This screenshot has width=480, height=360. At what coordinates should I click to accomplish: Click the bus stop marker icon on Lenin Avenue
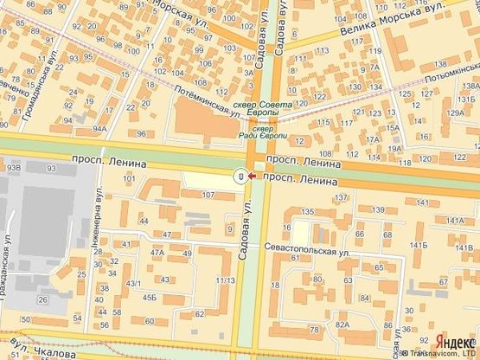[x=240, y=177]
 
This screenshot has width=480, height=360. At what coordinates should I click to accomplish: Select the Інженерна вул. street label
[x=96, y=223]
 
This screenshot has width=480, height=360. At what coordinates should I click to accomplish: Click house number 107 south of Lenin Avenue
[x=208, y=195]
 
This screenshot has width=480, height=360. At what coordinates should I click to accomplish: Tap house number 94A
[x=99, y=129]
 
